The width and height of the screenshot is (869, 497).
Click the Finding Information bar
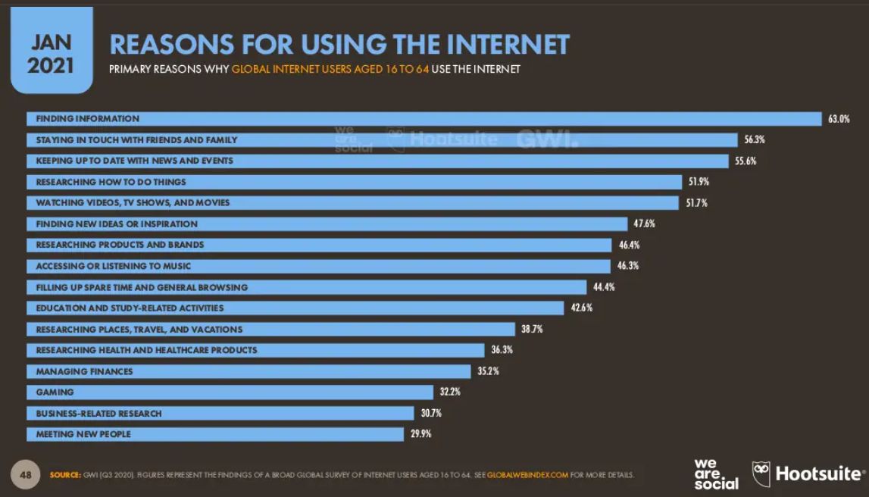click(424, 119)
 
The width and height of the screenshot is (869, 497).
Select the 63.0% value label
click(839, 119)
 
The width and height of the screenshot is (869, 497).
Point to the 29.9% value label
click(420, 434)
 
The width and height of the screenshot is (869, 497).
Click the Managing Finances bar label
click(84, 371)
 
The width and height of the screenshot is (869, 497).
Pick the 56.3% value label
click(755, 140)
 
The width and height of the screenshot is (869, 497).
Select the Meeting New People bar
click(215, 434)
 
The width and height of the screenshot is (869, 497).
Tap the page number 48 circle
click(25, 474)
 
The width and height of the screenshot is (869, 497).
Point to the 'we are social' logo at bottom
click(715, 474)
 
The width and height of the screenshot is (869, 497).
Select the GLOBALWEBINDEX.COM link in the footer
click(527, 475)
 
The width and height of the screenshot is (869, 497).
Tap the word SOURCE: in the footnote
click(65, 475)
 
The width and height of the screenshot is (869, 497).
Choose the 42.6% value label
click(582, 308)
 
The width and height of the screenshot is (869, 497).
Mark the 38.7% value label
click(532, 330)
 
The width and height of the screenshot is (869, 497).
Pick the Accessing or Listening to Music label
click(114, 267)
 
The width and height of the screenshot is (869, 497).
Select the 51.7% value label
click(697, 203)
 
